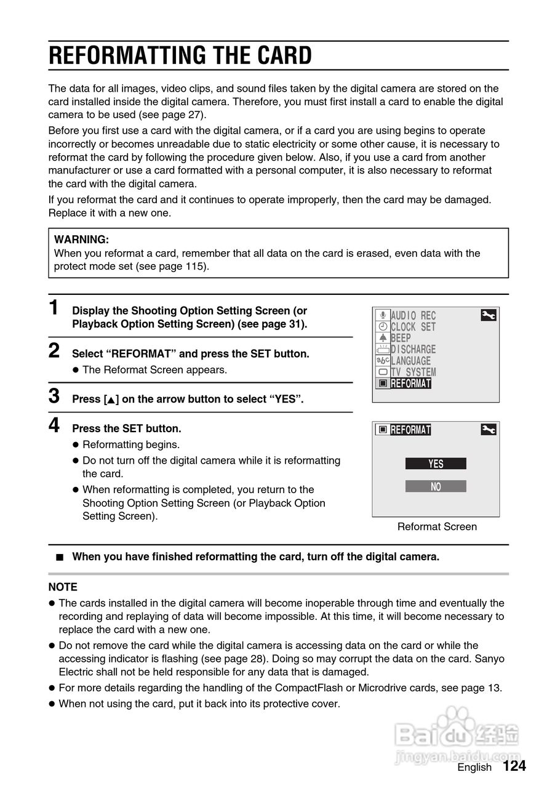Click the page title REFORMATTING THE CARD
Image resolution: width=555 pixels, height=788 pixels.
coord(180,55)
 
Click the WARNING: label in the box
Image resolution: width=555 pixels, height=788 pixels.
coord(82,239)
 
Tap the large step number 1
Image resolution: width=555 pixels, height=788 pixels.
coord(55,308)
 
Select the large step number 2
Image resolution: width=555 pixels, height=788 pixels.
coord(55,351)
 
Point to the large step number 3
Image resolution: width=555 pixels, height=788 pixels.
coord(55,396)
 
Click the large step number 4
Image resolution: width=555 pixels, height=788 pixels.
coord(55,425)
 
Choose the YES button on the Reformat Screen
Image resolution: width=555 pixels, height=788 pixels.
coord(436,464)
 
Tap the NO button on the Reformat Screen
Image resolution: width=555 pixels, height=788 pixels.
coord(436,486)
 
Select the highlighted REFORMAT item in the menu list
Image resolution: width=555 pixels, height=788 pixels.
coord(410,384)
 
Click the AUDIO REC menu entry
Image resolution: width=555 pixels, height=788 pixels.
coord(413,316)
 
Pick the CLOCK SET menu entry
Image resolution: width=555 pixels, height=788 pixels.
coord(413,327)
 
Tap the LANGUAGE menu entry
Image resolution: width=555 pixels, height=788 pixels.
coord(410,361)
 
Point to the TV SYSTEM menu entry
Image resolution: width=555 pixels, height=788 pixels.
coord(413,372)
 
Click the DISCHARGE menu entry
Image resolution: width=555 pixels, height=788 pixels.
coord(413,350)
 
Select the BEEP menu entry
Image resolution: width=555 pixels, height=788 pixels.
coord(401,338)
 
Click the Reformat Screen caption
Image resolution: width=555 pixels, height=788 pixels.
coord(437,526)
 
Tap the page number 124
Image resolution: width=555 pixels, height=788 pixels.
coord(514,766)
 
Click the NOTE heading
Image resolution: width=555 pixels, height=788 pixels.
coord(63,587)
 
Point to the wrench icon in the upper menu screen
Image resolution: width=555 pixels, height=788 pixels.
coord(488,316)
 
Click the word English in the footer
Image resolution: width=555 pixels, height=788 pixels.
coord(474,767)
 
